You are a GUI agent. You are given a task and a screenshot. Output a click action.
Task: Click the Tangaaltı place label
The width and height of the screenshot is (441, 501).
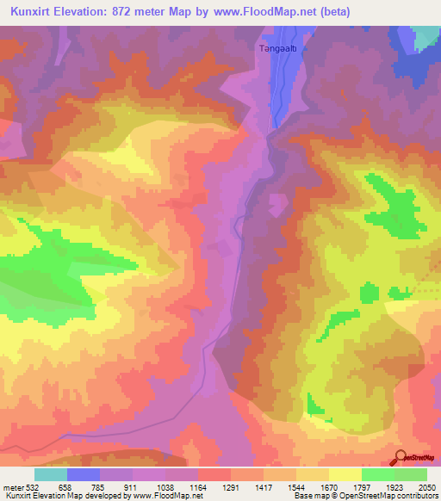[x=277, y=49]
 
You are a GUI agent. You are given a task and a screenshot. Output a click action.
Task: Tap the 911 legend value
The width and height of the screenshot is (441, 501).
[x=133, y=486]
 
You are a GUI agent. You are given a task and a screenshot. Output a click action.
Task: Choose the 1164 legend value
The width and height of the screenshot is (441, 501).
[x=198, y=486]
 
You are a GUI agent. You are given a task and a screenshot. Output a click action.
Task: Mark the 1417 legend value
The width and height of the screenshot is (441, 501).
[x=264, y=486]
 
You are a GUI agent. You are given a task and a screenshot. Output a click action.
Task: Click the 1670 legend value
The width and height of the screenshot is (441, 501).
[x=328, y=486]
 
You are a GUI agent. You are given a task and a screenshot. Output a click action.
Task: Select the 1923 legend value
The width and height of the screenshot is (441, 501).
[x=394, y=486]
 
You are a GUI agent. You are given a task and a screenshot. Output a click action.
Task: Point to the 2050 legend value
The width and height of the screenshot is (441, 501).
[x=427, y=486]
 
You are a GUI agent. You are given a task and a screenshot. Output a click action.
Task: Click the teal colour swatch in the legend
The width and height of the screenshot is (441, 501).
[x=51, y=473]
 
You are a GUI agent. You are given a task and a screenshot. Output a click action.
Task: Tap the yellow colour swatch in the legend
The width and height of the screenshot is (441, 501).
[x=345, y=473]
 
